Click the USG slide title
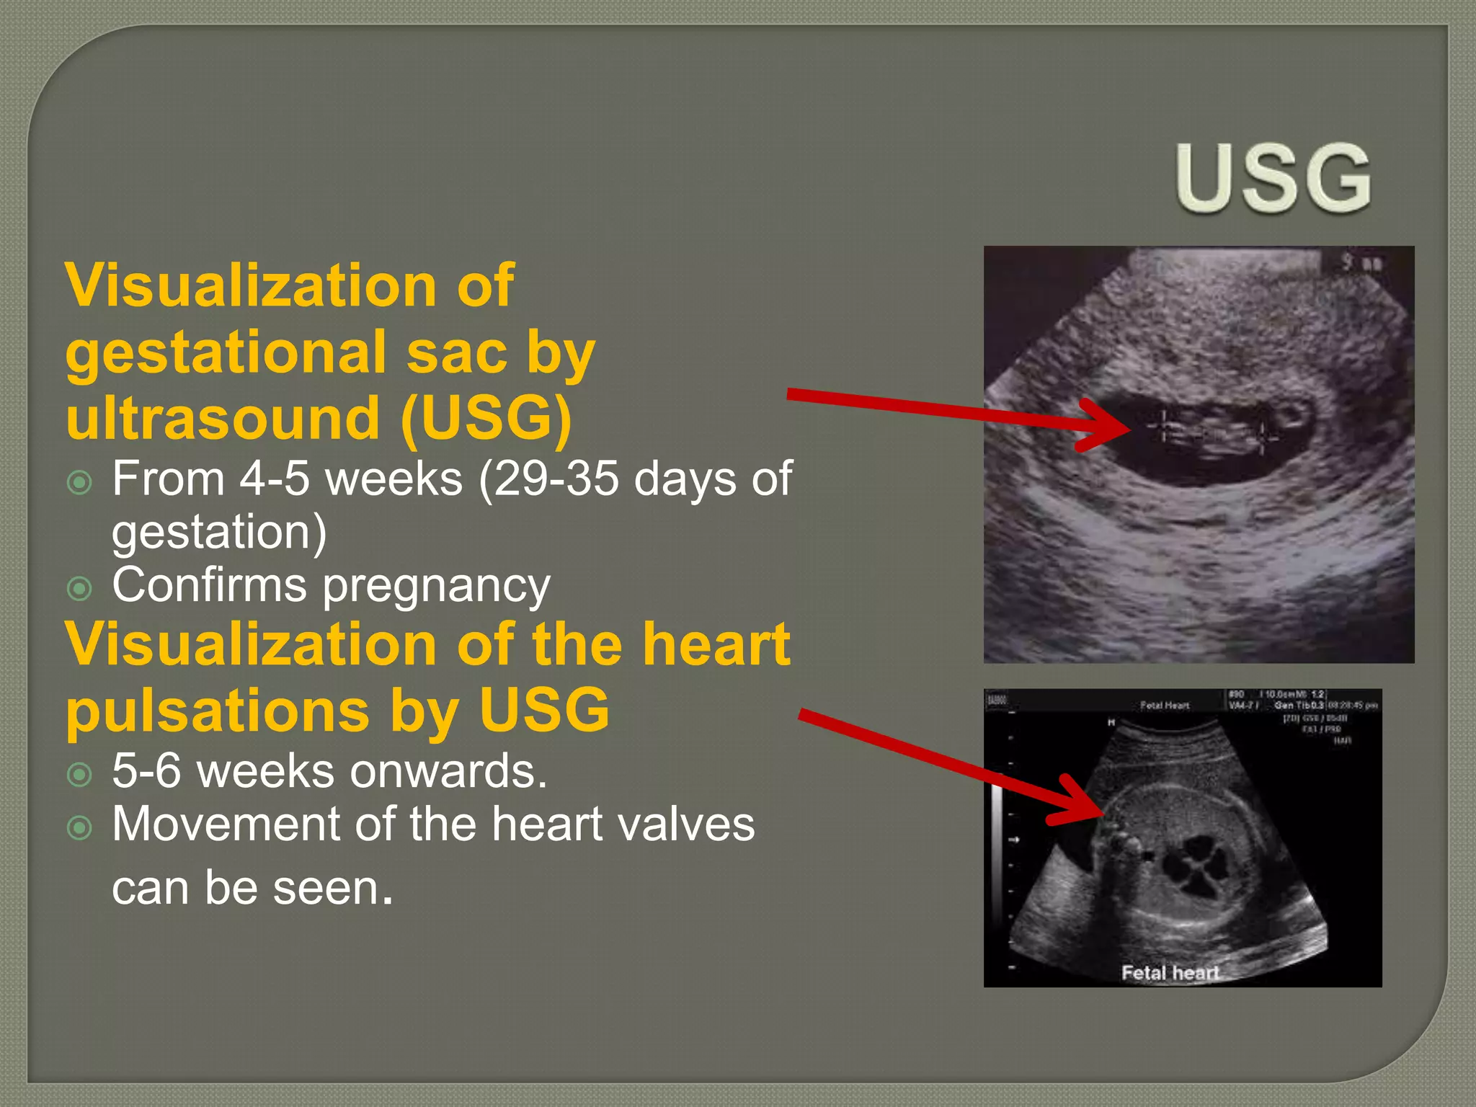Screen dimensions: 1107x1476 pyautogui.click(x=1273, y=178)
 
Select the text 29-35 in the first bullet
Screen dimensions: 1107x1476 pyautogui.click(x=555, y=479)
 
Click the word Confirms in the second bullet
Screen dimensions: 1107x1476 pyautogui.click(x=209, y=585)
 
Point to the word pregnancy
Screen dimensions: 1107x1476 pyautogui.click(x=436, y=588)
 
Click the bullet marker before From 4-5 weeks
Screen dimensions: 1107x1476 pyautogui.click(x=79, y=481)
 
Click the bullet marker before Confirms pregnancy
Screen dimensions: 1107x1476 pyautogui.click(x=79, y=588)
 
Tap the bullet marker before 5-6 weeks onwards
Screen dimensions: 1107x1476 pyautogui.click(x=79, y=775)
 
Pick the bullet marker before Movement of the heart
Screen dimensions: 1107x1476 pyautogui.click(x=79, y=827)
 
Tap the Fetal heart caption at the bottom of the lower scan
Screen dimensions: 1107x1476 pyautogui.click(x=1169, y=973)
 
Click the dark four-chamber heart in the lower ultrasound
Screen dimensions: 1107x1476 pyautogui.click(x=1196, y=865)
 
